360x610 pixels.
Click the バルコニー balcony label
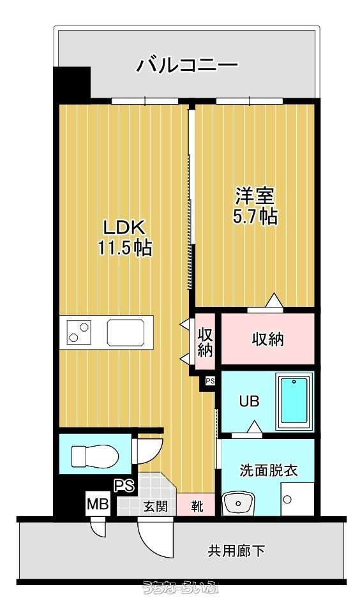tap(186, 65)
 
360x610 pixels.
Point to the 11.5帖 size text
tap(124, 248)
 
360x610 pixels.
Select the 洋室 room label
tap(255, 197)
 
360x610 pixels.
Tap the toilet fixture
tap(95, 456)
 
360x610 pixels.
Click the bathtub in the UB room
tap(294, 401)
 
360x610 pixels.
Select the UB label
tap(249, 401)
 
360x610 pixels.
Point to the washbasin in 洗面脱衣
tap(238, 503)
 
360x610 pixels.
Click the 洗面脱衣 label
tap(269, 470)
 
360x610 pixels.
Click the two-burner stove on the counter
tap(79, 332)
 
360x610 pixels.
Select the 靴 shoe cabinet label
tap(197, 506)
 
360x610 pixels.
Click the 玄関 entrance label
tap(156, 506)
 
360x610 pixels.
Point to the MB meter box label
tap(98, 504)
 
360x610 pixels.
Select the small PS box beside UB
tap(210, 382)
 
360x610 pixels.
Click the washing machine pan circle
tap(287, 499)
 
